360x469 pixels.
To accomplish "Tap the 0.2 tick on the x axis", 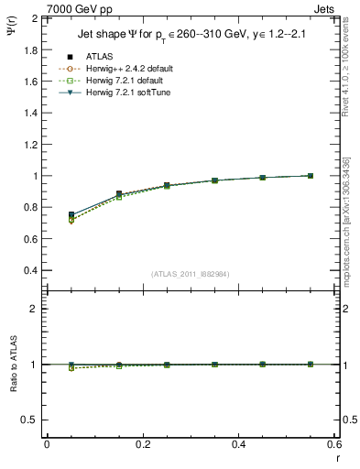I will tap(142, 444).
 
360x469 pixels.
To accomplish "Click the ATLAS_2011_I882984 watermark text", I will tap(190, 274).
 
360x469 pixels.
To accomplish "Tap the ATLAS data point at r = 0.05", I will tap(71, 214).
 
